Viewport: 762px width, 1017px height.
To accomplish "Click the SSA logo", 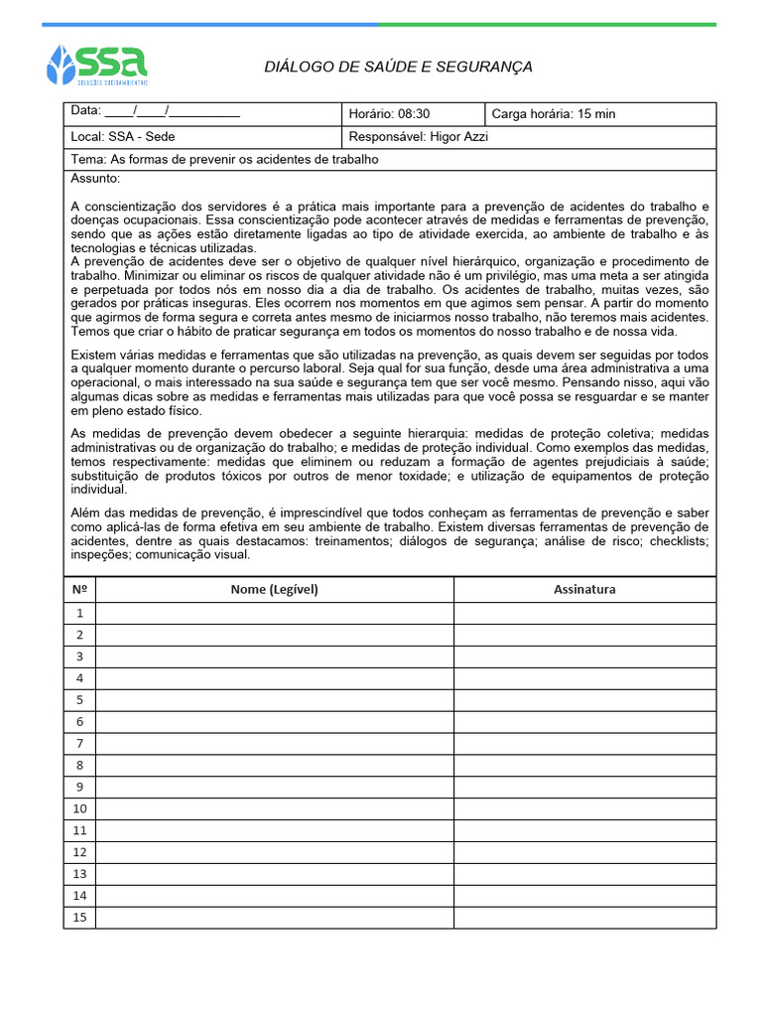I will (97, 65).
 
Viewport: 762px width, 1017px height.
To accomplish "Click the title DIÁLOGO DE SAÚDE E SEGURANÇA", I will (398, 67).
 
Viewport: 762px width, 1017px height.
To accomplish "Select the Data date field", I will (156, 113).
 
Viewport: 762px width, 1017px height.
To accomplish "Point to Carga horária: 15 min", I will (554, 114).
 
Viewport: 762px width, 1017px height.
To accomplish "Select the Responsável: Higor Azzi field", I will (419, 137).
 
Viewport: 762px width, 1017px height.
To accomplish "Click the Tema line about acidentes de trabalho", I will (225, 159).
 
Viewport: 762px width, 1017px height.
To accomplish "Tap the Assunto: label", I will (95, 179).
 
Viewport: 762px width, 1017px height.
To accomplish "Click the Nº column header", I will (79, 589).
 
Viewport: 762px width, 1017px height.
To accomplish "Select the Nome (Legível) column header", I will (275, 589).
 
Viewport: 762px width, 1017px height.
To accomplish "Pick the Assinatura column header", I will (584, 589).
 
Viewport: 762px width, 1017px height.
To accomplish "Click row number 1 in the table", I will (79, 613).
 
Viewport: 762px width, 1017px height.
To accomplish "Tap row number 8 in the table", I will (79, 765).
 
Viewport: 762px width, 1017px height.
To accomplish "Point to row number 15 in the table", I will (79, 917).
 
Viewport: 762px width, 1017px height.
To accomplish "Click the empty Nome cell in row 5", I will (275, 700).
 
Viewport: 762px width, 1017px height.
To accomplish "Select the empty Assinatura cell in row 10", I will (584, 808).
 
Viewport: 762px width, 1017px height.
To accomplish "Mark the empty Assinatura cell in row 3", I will (584, 656).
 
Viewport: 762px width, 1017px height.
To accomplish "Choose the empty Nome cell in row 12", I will (275, 852).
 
